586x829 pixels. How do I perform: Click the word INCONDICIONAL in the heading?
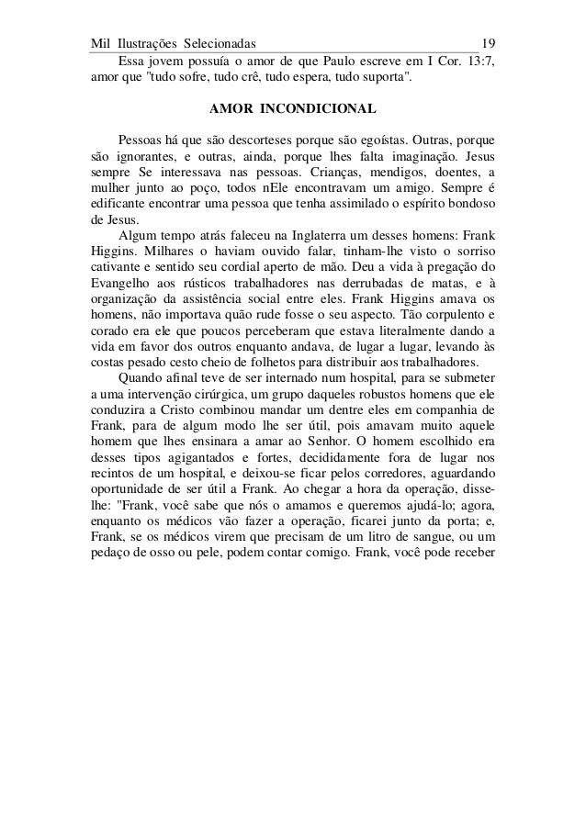coord(318,109)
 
